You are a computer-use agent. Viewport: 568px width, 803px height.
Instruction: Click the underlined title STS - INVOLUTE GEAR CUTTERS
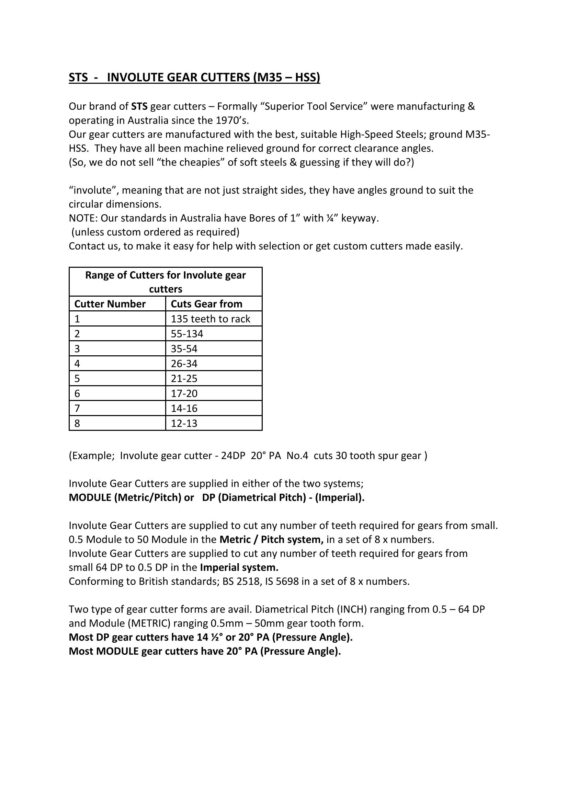tap(194, 77)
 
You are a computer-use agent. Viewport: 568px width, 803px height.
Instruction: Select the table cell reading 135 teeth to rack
tap(210, 319)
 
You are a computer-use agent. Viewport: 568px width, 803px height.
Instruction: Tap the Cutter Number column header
tap(110, 304)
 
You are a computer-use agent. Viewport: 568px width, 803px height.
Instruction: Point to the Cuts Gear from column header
tap(206, 304)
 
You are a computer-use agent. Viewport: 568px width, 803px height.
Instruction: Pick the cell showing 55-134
tap(187, 334)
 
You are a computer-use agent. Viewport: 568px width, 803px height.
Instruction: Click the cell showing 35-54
tap(184, 349)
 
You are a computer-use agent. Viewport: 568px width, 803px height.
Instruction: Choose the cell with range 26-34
tap(184, 364)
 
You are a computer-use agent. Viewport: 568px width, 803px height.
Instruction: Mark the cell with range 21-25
tap(184, 379)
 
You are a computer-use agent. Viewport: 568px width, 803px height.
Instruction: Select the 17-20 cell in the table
tap(184, 394)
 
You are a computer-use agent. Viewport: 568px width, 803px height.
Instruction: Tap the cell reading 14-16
tap(184, 409)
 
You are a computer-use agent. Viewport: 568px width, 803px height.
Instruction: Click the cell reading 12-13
tap(184, 424)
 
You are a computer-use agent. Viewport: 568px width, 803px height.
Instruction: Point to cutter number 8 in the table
tap(77, 424)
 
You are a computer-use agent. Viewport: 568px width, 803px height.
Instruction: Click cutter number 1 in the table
tap(77, 319)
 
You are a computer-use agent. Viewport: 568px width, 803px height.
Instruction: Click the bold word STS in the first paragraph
tap(139, 106)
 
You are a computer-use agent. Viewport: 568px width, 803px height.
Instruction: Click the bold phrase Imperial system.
tap(239, 567)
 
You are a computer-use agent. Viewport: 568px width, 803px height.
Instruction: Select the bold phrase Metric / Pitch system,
tap(271, 539)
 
